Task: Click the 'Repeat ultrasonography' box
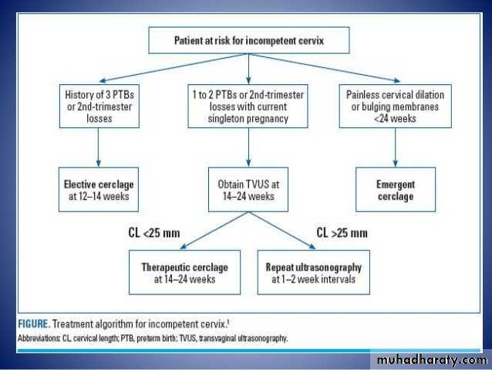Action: (x=313, y=273)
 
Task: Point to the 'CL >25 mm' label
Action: (x=341, y=233)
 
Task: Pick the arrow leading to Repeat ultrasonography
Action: (x=293, y=232)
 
